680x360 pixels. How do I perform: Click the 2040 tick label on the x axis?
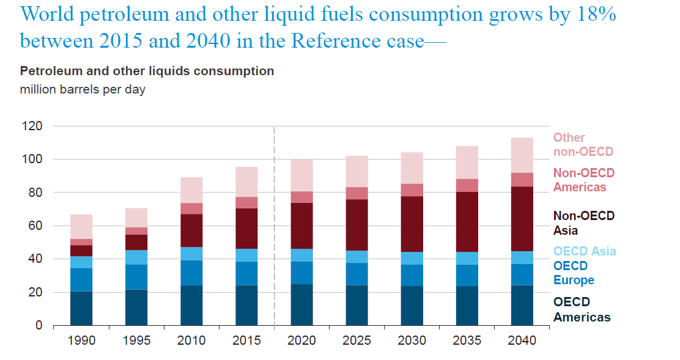(522, 341)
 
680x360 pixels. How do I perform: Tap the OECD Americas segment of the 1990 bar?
(81, 308)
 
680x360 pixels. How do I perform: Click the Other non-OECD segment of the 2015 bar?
(246, 182)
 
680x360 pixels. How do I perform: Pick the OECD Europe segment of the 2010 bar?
(191, 273)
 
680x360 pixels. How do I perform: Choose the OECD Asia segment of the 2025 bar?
(357, 257)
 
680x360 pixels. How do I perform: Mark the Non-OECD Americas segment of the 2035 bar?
(467, 185)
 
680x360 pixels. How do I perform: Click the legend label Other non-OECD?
(583, 145)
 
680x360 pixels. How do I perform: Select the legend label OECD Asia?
(585, 251)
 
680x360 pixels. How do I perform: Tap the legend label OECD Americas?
(582, 309)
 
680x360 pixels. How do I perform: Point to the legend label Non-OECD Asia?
(583, 223)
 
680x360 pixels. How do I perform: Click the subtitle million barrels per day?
(83, 90)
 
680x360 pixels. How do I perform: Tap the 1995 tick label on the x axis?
(136, 341)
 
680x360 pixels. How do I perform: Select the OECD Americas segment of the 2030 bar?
(412, 306)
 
